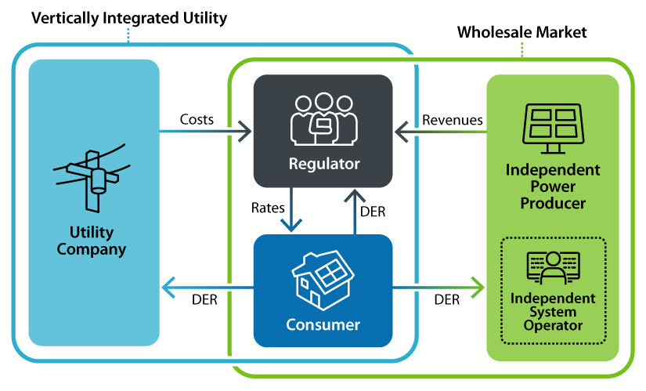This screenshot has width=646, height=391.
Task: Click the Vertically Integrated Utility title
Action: click(129, 17)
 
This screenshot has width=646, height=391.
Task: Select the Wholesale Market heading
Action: click(521, 32)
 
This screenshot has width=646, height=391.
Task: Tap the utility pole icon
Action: click(92, 177)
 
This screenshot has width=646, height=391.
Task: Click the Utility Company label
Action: click(93, 241)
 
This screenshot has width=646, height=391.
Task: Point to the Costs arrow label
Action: click(197, 119)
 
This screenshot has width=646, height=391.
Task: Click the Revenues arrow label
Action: click(452, 120)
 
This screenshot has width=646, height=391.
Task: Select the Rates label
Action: click(267, 208)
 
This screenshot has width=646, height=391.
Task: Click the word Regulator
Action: click(323, 165)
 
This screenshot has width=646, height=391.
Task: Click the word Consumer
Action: click(323, 324)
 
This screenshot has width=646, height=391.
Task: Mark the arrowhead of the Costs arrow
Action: click(245, 131)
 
